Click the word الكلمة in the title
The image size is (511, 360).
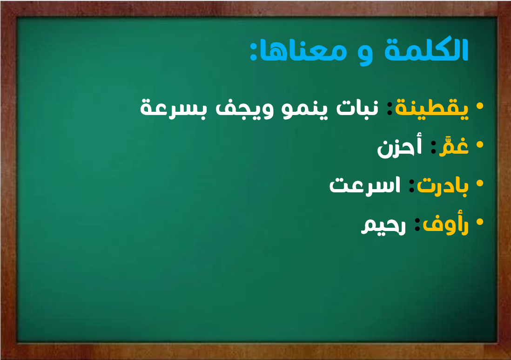(426, 49)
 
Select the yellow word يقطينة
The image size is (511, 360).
(431, 108)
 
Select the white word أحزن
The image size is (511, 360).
(399, 147)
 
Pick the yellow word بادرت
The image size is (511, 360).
(443, 186)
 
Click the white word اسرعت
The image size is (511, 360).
(365, 185)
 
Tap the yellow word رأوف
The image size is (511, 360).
(445, 224)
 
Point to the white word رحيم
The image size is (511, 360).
(383, 224)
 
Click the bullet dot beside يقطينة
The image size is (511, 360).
(479, 106)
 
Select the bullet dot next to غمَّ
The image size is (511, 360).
(479, 144)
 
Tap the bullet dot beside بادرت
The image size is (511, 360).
(479, 183)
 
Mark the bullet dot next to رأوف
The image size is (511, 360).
(479, 222)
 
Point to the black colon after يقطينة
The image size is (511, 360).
(390, 108)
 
